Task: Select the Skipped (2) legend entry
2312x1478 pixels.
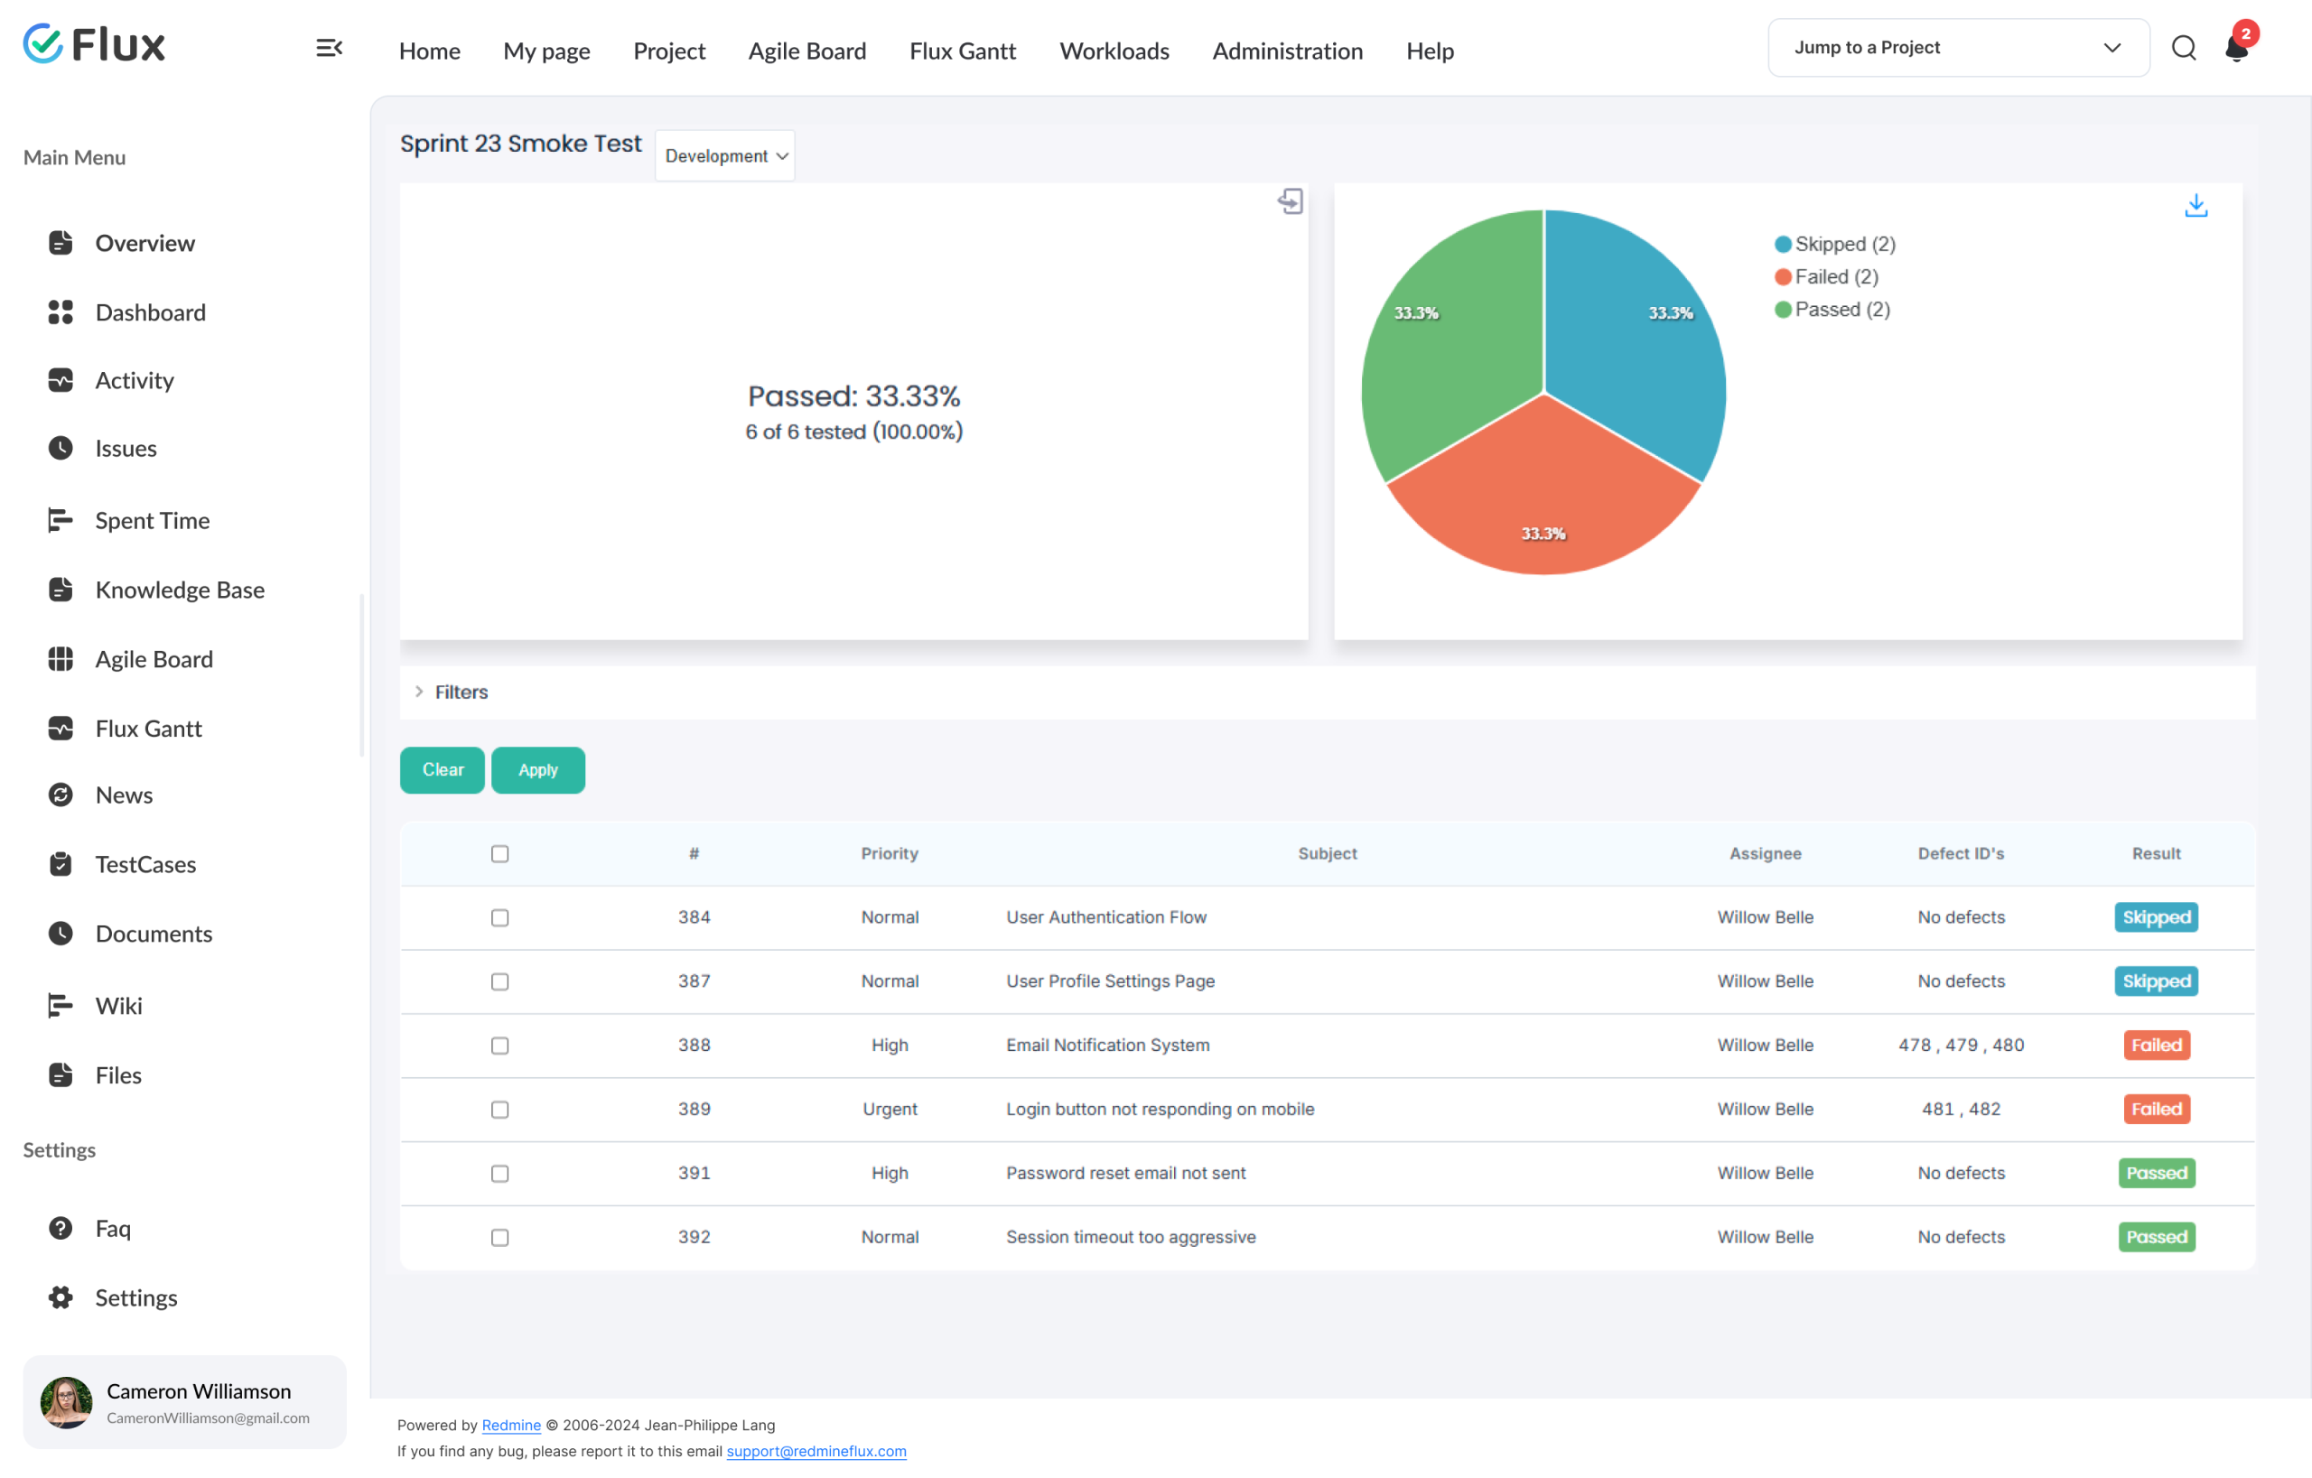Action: click(1835, 244)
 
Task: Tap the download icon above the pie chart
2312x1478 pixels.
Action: click(2195, 205)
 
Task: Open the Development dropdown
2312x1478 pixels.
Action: click(725, 155)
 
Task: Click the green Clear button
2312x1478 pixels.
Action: click(443, 770)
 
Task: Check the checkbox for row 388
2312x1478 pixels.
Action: click(499, 1046)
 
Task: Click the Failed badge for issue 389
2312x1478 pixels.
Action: click(2157, 1110)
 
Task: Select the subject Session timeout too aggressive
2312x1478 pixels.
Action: click(1131, 1237)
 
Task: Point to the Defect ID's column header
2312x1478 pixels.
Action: click(1961, 853)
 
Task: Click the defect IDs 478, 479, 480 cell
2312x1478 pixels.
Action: click(1961, 1046)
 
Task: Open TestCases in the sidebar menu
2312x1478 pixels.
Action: click(145, 865)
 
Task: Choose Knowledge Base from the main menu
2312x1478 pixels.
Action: click(180, 590)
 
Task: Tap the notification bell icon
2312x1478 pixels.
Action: click(2236, 48)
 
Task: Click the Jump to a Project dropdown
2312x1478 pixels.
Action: click(1959, 48)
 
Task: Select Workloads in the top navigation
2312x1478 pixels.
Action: click(1114, 51)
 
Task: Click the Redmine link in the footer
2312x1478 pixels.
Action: click(511, 1426)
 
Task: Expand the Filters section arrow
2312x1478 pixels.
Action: click(419, 692)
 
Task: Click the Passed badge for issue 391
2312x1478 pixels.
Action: click(2157, 1173)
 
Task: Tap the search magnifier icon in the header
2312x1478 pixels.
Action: click(2184, 48)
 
